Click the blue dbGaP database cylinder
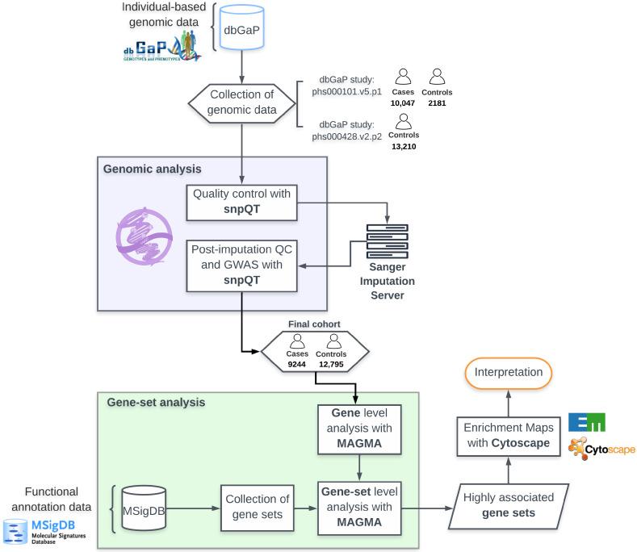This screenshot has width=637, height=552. [x=244, y=38]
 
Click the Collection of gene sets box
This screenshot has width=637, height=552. [x=255, y=508]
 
